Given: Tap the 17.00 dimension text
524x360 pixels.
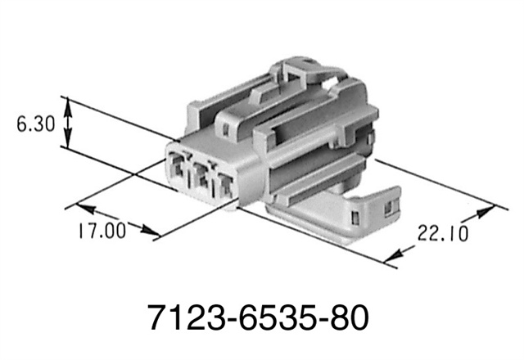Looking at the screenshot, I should tap(103, 231).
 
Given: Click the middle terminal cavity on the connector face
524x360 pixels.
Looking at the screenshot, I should tap(200, 174).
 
